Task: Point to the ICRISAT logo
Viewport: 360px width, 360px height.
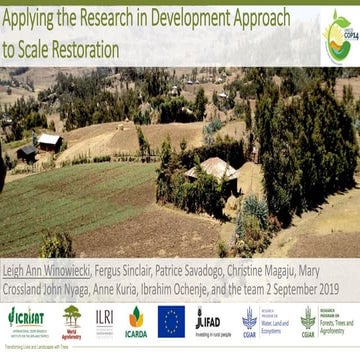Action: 26,320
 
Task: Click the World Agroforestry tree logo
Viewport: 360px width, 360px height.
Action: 72,320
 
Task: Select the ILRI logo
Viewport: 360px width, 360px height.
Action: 104,318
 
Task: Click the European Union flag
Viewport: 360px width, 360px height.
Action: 171,320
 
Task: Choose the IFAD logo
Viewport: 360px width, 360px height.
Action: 208,320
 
